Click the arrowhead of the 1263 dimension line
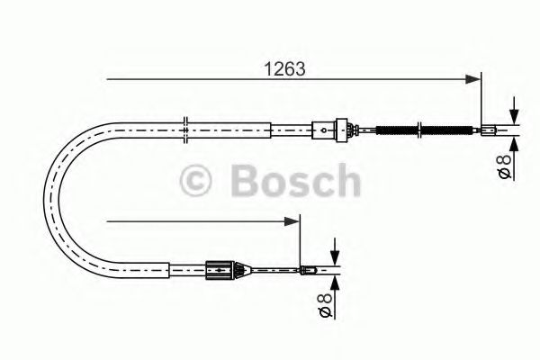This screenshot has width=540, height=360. pyautogui.click(x=474, y=80)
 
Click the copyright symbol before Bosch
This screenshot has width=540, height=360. pyautogui.click(x=197, y=180)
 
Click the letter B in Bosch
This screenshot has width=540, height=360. pyautogui.click(x=246, y=180)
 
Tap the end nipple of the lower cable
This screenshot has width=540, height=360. pyautogui.click(x=308, y=267)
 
